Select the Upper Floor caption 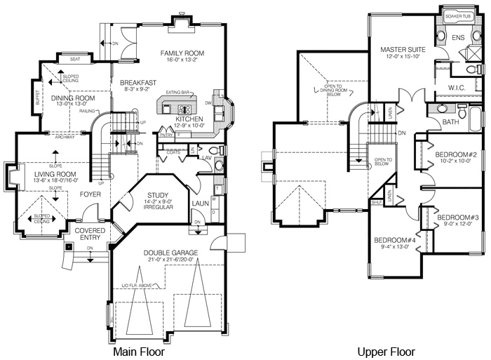[386, 352]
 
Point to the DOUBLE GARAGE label [171, 253]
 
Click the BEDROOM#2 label [457, 154]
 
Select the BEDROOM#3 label [457, 218]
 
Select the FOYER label [89, 195]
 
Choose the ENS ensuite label [458, 37]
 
